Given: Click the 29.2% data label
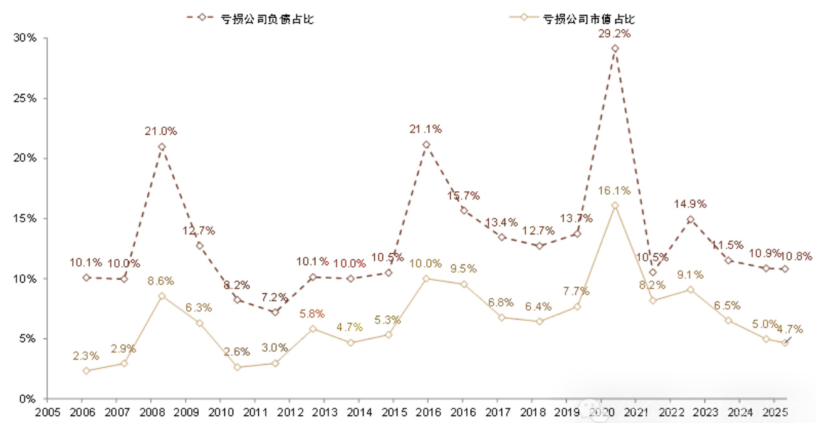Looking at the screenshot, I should point(614,34).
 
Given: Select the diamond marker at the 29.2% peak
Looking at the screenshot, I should point(615,48).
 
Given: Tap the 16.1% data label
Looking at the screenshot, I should point(614,191).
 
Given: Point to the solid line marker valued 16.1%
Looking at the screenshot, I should point(615,206).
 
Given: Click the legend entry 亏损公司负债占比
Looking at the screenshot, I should point(266,18).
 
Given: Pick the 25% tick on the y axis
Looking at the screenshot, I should point(24,98).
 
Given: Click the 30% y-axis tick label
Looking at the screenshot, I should point(24,38).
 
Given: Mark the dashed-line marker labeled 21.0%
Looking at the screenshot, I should point(162,147).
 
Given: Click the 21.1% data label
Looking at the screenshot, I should point(426,129).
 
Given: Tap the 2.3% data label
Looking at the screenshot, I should point(85,356).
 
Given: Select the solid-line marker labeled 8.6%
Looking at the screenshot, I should point(162,296).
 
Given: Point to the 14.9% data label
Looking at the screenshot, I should point(690,204).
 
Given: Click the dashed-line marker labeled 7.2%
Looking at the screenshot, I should point(275,312).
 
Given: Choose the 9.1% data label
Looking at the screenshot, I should point(690,274).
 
